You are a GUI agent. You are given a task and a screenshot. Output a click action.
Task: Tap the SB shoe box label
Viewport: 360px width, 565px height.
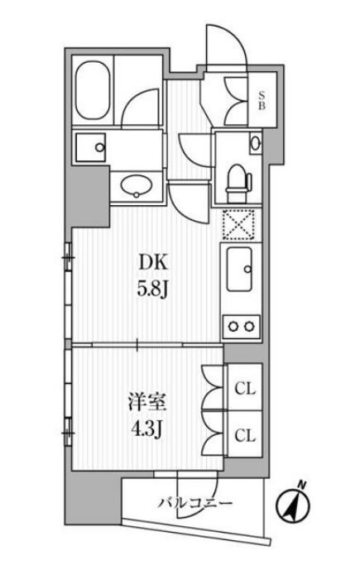261,99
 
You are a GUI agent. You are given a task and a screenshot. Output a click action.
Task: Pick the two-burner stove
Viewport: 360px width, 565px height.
242,325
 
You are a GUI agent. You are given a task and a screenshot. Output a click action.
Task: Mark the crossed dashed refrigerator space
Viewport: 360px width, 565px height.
240,224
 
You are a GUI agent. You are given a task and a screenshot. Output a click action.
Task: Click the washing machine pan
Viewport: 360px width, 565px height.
93,148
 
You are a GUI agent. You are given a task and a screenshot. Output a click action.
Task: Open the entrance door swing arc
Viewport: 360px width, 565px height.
224,50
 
